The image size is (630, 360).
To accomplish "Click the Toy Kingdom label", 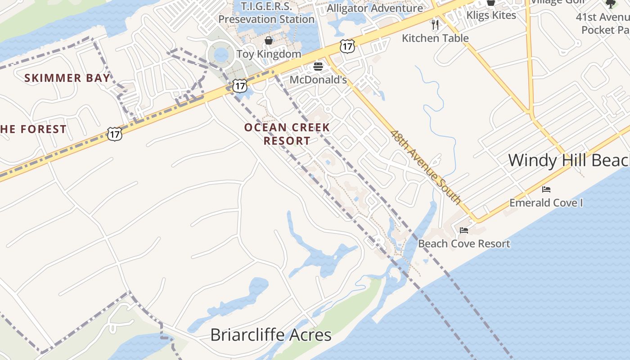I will pos(269,54).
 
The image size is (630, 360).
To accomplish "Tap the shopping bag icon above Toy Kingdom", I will pos(269,41).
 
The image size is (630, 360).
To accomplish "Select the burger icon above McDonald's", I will pos(318,67).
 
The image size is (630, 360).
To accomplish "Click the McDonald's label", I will pos(318,80).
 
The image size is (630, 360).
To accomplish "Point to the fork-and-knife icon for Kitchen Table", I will pos(435,24).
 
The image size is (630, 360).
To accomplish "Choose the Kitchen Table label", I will pos(435,38).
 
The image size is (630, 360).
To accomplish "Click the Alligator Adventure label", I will pos(375,8).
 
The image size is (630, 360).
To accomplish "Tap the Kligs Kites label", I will pos(491,15).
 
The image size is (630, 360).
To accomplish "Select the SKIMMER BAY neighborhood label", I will pos(67,78).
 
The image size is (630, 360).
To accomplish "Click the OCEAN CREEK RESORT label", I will pos(287,134).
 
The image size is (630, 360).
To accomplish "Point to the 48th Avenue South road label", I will pos(425,167).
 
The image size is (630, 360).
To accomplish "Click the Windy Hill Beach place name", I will pos(569,160).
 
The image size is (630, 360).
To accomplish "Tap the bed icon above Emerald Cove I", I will pos(546,189).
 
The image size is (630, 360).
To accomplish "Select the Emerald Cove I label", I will pos(546,203).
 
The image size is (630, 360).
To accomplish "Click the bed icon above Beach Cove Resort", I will pos(464,230).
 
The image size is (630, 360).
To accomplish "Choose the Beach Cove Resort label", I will pos(464,244).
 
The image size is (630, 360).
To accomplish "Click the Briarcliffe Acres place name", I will pos(271,335).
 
